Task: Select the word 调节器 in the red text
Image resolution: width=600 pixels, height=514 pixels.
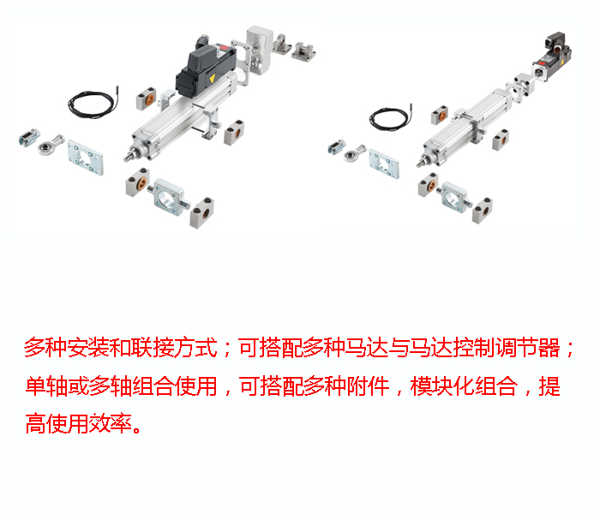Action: point(531,349)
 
